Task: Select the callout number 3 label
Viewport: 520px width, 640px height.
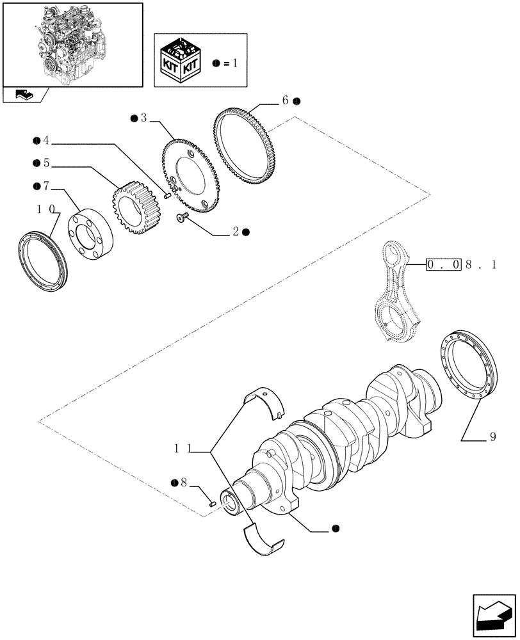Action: point(144,118)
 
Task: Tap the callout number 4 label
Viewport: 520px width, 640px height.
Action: point(45,141)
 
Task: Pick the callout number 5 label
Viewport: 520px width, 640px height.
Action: point(45,163)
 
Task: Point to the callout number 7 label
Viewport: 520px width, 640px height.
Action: point(45,186)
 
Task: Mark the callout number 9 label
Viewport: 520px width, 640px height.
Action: point(492,438)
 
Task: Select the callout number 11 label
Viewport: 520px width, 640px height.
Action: point(181,449)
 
